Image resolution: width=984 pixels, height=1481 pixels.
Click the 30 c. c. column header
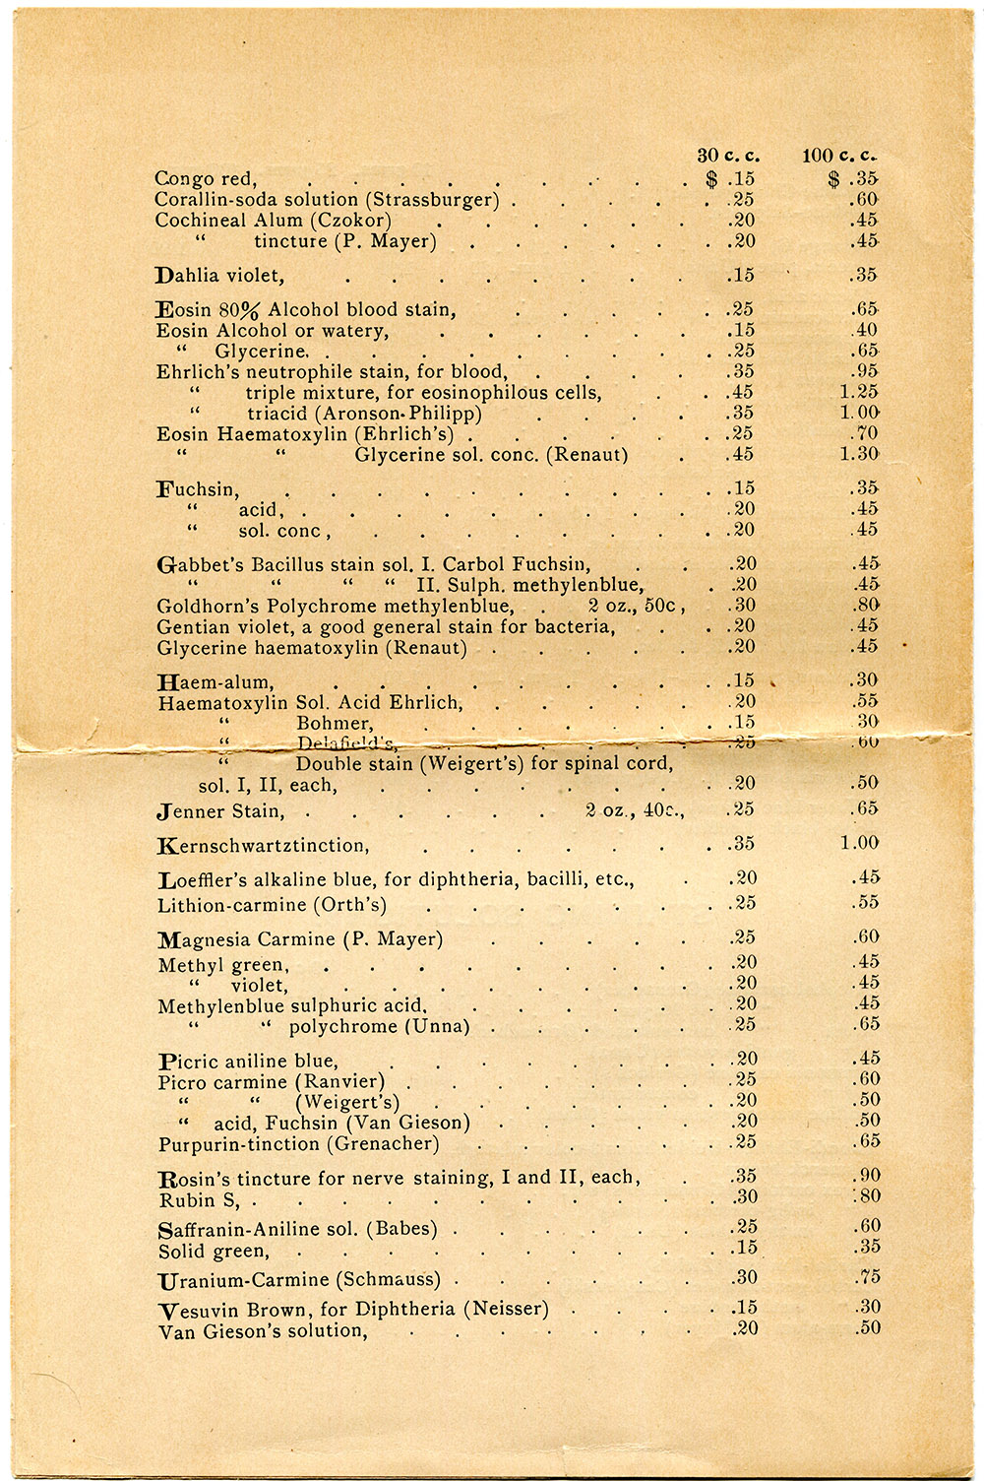[728, 156]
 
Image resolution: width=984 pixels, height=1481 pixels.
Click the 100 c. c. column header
[839, 156]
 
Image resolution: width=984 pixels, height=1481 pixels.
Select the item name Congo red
[205, 179]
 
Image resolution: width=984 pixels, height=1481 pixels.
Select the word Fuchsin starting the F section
[198, 489]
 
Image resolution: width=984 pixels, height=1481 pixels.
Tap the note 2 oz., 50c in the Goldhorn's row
[636, 606]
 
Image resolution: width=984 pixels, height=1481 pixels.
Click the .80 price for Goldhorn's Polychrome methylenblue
[865, 606]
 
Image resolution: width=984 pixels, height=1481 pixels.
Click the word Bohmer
[334, 723]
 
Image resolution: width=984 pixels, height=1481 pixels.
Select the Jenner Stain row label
[220, 811]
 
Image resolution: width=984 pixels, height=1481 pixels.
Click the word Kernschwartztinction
[263, 845]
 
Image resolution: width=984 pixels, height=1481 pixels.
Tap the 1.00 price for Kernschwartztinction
[859, 843]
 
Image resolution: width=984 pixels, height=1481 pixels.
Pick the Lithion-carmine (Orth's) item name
[272, 905]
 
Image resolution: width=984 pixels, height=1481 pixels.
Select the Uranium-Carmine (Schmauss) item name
[299, 1280]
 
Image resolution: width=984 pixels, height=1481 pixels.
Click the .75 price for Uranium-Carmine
[866, 1278]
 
